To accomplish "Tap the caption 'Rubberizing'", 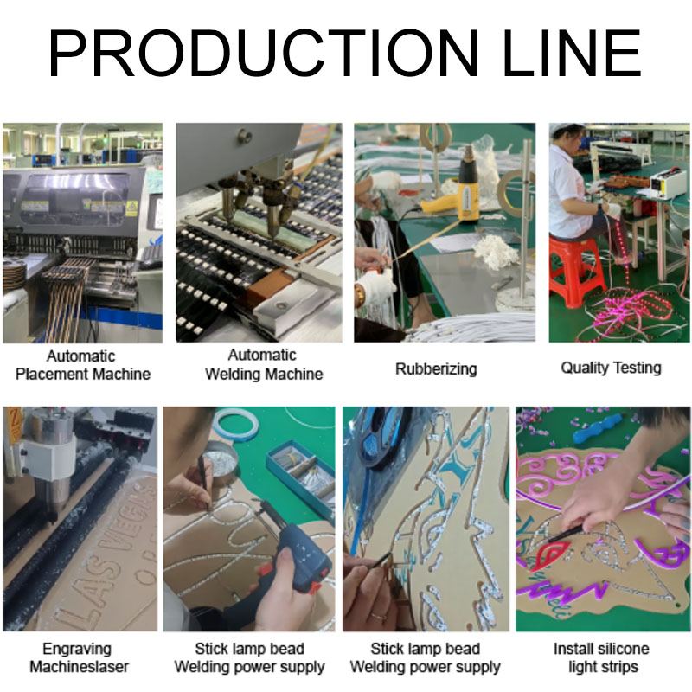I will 436,368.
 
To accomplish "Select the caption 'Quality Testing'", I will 611,368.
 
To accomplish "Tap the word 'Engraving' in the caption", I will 77,648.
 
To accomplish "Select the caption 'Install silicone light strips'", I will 600,657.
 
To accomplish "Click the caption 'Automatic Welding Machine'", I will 263,364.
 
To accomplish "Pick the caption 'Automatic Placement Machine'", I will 82,365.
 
